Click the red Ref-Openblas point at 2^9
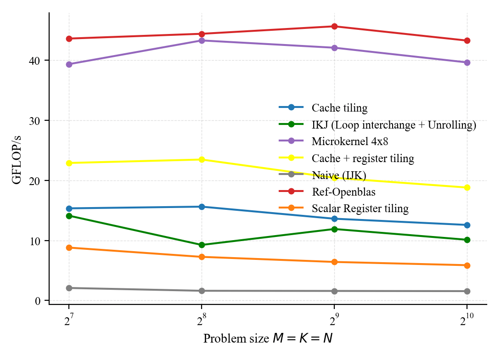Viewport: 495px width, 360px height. pyautogui.click(x=334, y=27)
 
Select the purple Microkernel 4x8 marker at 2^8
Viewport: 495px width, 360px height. pyautogui.click(x=201, y=40)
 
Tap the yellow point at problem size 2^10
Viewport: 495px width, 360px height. pyautogui.click(x=467, y=187)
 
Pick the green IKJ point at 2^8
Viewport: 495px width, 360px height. pyautogui.click(x=201, y=245)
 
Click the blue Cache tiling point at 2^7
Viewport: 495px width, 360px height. pyautogui.click(x=69, y=208)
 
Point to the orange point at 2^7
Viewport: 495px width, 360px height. pyautogui.click(x=69, y=247)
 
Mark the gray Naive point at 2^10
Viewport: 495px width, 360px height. pyautogui.click(x=467, y=291)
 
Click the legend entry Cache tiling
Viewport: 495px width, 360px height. pyautogui.click(x=339, y=108)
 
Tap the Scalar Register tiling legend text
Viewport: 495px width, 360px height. pyautogui.click(x=360, y=208)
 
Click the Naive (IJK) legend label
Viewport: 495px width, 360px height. pyautogui.click(x=339, y=175)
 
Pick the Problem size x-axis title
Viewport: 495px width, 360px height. pyautogui.click(x=268, y=339)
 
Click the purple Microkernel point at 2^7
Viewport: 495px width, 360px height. pyautogui.click(x=69, y=64)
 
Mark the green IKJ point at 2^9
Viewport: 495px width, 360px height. pyautogui.click(x=334, y=229)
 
